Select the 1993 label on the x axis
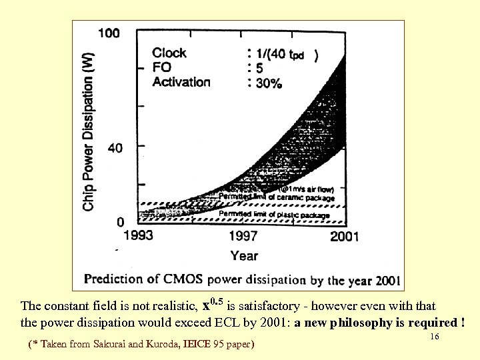[139, 236]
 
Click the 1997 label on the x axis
[244, 236]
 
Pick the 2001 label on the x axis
[344, 236]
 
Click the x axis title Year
[245, 255]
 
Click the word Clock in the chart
[169, 53]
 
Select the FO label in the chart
[161, 67]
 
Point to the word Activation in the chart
[181, 82]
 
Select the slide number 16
[435, 337]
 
